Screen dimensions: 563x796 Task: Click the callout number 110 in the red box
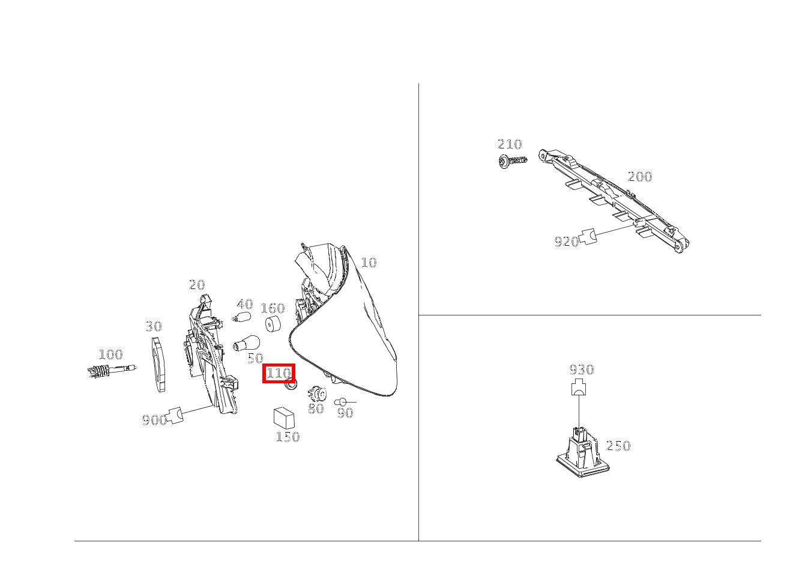(x=279, y=373)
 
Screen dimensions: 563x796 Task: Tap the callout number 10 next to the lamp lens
(x=369, y=263)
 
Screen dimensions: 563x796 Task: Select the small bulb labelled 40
(x=243, y=317)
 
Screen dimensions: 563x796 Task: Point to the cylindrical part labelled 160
(x=274, y=324)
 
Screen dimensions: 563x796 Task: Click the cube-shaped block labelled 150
(x=284, y=418)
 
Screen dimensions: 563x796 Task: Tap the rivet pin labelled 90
(x=342, y=402)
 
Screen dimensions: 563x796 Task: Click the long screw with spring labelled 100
(x=110, y=371)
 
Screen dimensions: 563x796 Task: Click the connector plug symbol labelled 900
(x=175, y=415)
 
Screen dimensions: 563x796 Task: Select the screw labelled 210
(x=512, y=161)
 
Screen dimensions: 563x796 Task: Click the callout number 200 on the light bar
(x=640, y=177)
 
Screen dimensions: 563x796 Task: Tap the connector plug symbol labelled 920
(x=589, y=236)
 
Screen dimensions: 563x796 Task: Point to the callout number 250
(x=618, y=446)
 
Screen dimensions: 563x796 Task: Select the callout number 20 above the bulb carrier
(x=196, y=285)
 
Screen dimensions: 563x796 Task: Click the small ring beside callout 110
(x=291, y=385)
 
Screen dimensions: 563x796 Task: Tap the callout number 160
(x=273, y=308)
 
